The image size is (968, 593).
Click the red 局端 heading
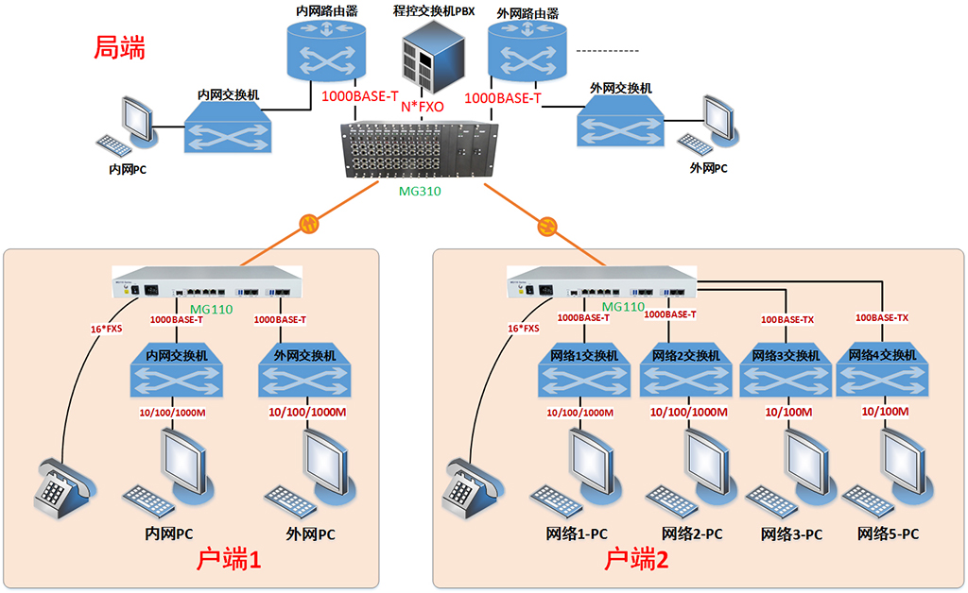(x=119, y=49)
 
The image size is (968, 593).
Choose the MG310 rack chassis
(x=417, y=149)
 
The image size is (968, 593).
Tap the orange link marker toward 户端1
(x=309, y=224)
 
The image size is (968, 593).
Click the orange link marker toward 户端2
(x=546, y=226)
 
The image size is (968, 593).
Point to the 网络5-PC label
(x=888, y=534)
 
